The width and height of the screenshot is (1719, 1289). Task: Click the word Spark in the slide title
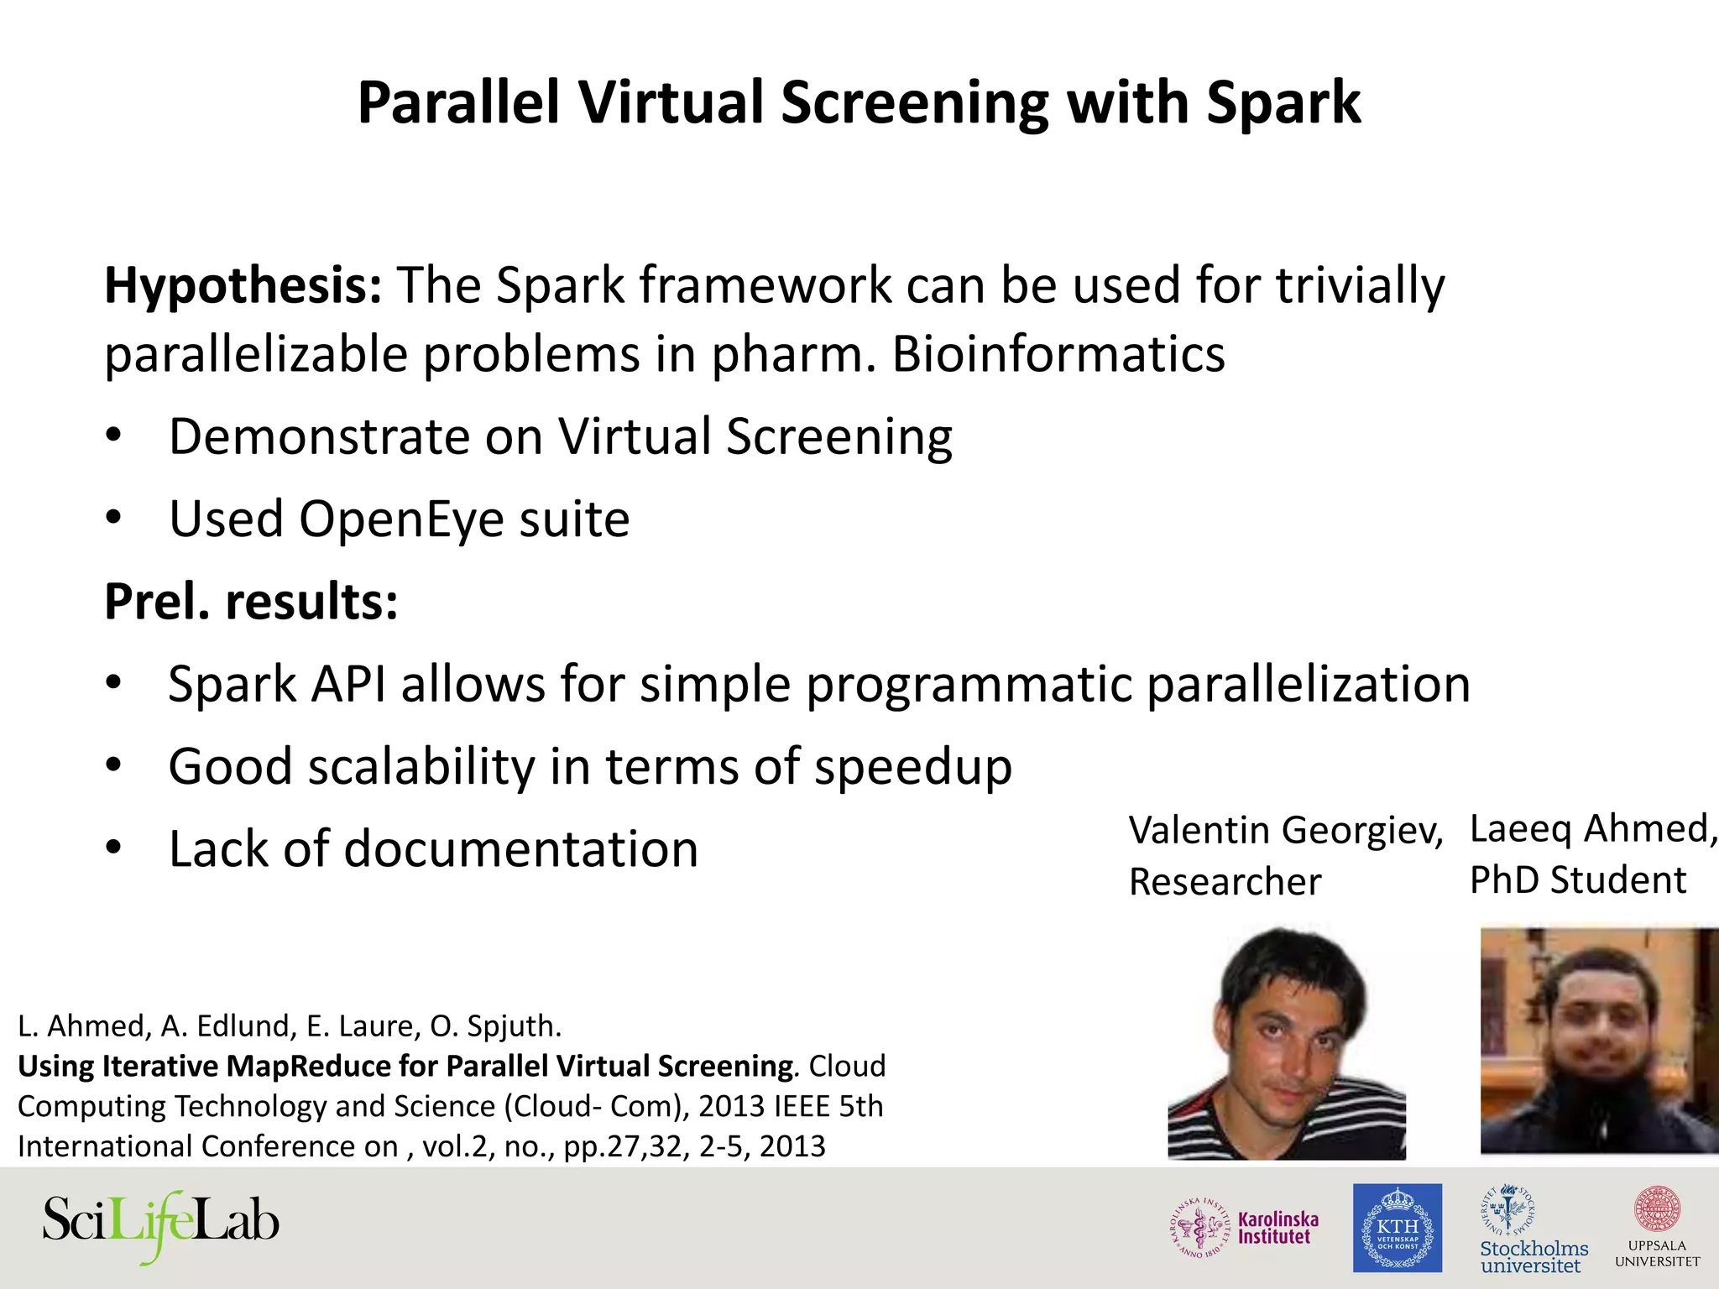tap(1283, 104)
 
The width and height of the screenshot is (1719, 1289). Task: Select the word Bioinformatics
tap(1058, 354)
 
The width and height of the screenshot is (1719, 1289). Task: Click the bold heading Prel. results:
tap(251, 602)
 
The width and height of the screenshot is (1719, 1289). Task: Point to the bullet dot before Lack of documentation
tap(114, 848)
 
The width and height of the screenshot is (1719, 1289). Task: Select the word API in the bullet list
tap(348, 685)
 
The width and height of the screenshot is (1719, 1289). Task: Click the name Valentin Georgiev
tap(1284, 831)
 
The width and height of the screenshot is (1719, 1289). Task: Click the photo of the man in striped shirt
tap(1286, 1044)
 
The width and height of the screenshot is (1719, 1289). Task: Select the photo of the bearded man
tap(1598, 1041)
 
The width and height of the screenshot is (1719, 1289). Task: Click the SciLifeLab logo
tap(160, 1224)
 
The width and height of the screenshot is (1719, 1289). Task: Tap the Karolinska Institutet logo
tap(1245, 1228)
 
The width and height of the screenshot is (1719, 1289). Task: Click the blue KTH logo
tap(1397, 1228)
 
